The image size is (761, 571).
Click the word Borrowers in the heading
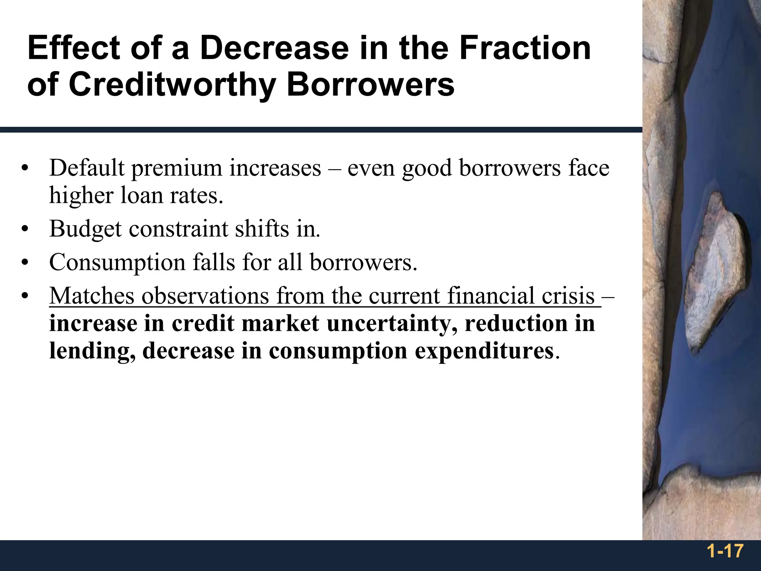(x=370, y=84)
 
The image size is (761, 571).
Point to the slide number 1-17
(x=725, y=551)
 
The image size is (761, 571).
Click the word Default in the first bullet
(x=87, y=168)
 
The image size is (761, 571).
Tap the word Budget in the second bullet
(x=85, y=229)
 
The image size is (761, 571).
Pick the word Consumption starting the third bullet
(x=117, y=263)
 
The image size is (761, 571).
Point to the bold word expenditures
(x=484, y=351)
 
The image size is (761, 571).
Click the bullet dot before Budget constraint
(x=25, y=229)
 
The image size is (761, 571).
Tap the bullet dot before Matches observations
(x=25, y=296)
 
